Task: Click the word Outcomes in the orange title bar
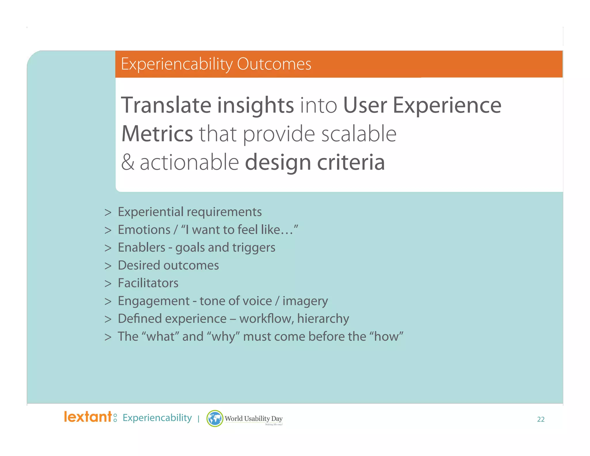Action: tap(274, 64)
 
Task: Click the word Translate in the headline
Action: tap(166, 105)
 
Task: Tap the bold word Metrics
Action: tap(157, 134)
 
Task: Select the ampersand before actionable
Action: tap(128, 163)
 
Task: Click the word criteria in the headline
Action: tap(351, 163)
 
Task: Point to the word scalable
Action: tap(359, 134)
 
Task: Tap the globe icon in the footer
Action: tap(215, 419)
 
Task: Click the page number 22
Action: tap(540, 419)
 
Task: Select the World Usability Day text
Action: tap(254, 419)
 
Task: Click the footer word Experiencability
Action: tap(157, 418)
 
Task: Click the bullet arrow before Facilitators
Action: tap(108, 284)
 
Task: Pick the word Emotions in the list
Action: tap(144, 230)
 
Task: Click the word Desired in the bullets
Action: tap(139, 265)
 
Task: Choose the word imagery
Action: tap(305, 301)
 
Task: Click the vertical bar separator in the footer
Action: tap(198, 419)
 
